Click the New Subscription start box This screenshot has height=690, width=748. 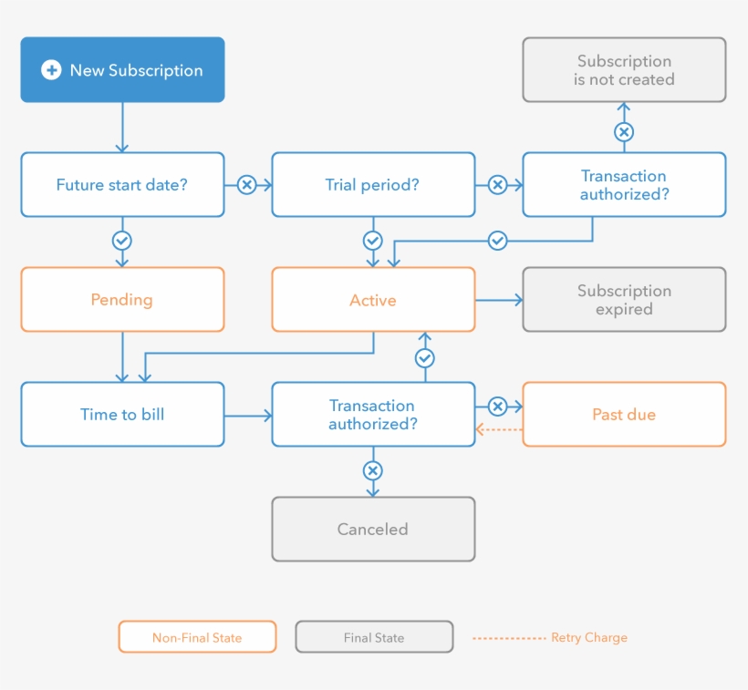pos(122,70)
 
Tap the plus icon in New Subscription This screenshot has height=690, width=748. pos(52,70)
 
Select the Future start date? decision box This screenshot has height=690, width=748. pos(122,185)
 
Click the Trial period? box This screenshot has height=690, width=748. pos(373,185)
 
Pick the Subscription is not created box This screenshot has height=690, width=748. pos(624,70)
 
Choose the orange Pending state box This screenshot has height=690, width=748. pos(122,300)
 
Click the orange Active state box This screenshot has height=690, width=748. pos(373,300)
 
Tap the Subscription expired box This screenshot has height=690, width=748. pos(624,300)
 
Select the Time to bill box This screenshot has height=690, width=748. pos(122,415)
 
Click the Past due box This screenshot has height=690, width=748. pos(624,415)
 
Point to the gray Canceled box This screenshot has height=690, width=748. pos(373,530)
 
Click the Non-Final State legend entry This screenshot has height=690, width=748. pos(197,637)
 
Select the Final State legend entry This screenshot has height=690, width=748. pos(374,637)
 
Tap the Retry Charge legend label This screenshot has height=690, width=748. pos(588,637)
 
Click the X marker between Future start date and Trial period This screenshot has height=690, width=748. pos(246,185)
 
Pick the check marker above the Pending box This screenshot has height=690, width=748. pos(121,241)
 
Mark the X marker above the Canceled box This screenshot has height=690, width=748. pos(372,471)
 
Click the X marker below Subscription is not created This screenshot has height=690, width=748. pos(624,132)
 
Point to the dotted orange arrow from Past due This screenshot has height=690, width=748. pos(499,429)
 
